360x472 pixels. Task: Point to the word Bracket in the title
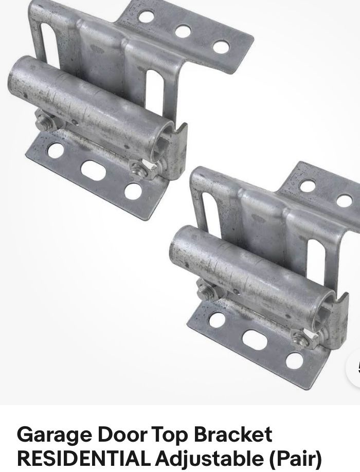pyautogui.click(x=232, y=434)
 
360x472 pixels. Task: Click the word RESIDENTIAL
pyautogui.click(x=84, y=459)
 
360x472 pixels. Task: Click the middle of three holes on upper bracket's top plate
pyautogui.click(x=183, y=31)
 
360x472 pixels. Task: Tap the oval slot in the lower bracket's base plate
pyautogui.click(x=255, y=340)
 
